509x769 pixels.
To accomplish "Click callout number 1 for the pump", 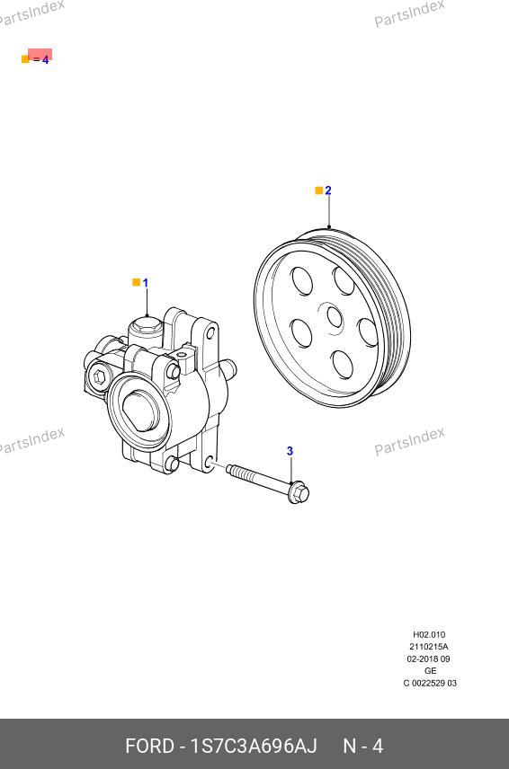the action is point(146,282).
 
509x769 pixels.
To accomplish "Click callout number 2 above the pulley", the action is point(328,190).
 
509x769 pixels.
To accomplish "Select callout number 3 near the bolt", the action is point(290,451).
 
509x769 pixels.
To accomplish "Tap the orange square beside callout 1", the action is point(137,282).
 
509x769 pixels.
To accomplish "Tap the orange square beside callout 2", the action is point(319,190).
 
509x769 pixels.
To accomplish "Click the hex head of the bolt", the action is point(299,492).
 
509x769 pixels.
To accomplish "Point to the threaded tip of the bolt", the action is point(232,470).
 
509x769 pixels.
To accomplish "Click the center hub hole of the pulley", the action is point(335,317).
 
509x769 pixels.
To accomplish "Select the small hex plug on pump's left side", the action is point(100,376).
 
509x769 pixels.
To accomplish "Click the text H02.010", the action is point(429,634).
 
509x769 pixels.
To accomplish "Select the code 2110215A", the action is point(429,647).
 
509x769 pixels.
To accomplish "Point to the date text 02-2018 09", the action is point(428,659).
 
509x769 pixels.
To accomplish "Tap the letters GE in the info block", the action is point(430,671).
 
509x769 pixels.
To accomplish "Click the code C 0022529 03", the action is point(430,683).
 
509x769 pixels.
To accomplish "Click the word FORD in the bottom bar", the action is point(149,746).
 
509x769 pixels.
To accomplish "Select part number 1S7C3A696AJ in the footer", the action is point(254,746).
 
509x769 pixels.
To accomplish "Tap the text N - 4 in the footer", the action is point(362,746).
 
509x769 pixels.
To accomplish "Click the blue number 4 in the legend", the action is point(46,60).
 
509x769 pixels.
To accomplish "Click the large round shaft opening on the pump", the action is point(140,410).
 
